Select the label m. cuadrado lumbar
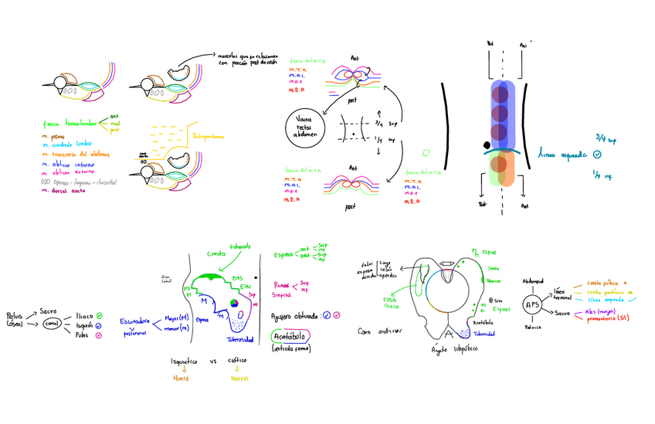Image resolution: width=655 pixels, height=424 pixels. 67,145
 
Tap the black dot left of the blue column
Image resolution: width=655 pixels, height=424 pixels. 484,144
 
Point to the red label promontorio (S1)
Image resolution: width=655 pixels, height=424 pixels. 612,317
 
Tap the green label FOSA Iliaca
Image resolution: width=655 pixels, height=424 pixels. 391,302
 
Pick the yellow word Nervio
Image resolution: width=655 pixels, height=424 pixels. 239,378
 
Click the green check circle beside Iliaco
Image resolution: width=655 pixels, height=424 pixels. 100,315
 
